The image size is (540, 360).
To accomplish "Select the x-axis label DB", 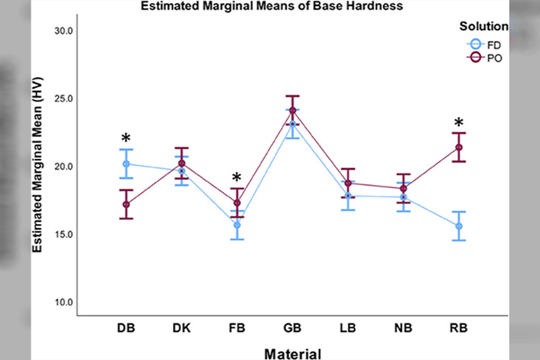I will pos(126,327).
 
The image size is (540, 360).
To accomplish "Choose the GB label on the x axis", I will pos(291,327).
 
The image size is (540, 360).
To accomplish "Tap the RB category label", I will pos(459,327).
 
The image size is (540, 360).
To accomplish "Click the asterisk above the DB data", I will pos(125,139).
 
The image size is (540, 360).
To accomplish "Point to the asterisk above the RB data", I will pos(458,123).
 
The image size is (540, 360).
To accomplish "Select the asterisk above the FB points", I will pos(237,179).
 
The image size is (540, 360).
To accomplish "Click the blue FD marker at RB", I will pos(459,226).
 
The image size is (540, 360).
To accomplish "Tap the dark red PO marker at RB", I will pos(459,148).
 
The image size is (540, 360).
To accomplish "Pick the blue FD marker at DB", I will pos(126,164).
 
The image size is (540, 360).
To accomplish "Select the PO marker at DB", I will pos(126,204).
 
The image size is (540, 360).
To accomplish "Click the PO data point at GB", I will pos(292,110).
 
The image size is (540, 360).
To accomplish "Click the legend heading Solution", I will pos(483,26).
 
